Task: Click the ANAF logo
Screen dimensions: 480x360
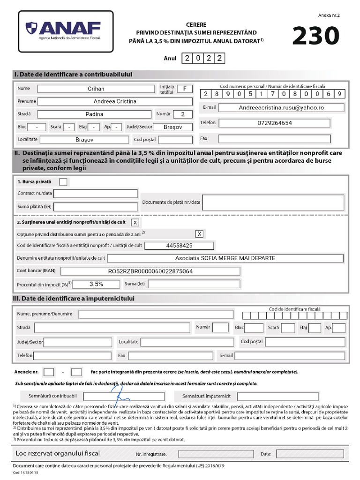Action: pos(65,30)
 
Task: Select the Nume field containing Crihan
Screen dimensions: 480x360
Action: pos(96,89)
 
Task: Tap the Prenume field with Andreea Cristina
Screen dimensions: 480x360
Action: pos(115,101)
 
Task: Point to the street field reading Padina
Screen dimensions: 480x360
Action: pos(95,114)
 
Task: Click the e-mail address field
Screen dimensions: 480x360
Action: pos(281,107)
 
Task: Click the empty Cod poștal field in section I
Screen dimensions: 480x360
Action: pos(175,140)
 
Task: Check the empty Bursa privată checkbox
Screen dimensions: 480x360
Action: pos(63,182)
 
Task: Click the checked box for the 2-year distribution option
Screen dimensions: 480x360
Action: pos(199,233)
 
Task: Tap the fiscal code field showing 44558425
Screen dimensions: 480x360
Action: pos(179,246)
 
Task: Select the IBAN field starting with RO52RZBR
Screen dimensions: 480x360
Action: pos(150,271)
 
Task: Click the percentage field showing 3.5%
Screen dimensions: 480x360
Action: pos(96,284)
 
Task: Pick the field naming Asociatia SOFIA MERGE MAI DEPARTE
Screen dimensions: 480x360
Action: pos(225,258)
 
